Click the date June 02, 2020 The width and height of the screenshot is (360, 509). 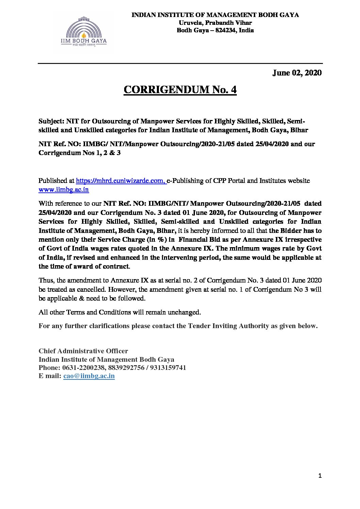click(x=297, y=73)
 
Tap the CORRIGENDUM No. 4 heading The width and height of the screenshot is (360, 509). click(x=180, y=90)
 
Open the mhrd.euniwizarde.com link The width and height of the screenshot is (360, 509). click(x=121, y=181)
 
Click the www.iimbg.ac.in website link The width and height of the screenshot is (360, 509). click(x=64, y=190)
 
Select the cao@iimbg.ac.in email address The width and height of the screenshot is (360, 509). click(x=89, y=376)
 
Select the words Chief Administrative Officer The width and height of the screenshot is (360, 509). click(x=83, y=351)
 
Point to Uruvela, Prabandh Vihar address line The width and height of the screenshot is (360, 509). click(x=215, y=23)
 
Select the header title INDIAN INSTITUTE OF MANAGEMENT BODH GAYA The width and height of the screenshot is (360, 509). click(x=215, y=15)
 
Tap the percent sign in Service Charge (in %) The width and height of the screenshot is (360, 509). click(x=160, y=240)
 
